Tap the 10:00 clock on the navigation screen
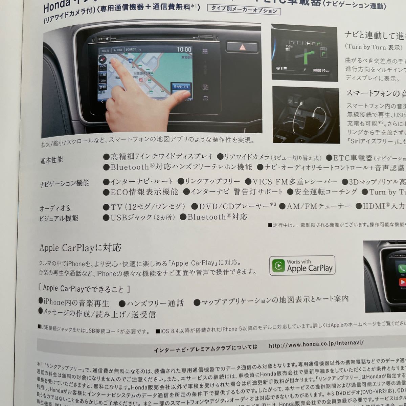(184, 49)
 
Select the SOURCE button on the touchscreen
(131, 50)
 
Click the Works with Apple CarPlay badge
(302, 265)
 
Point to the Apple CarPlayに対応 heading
(80, 248)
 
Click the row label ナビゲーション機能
(65, 183)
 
